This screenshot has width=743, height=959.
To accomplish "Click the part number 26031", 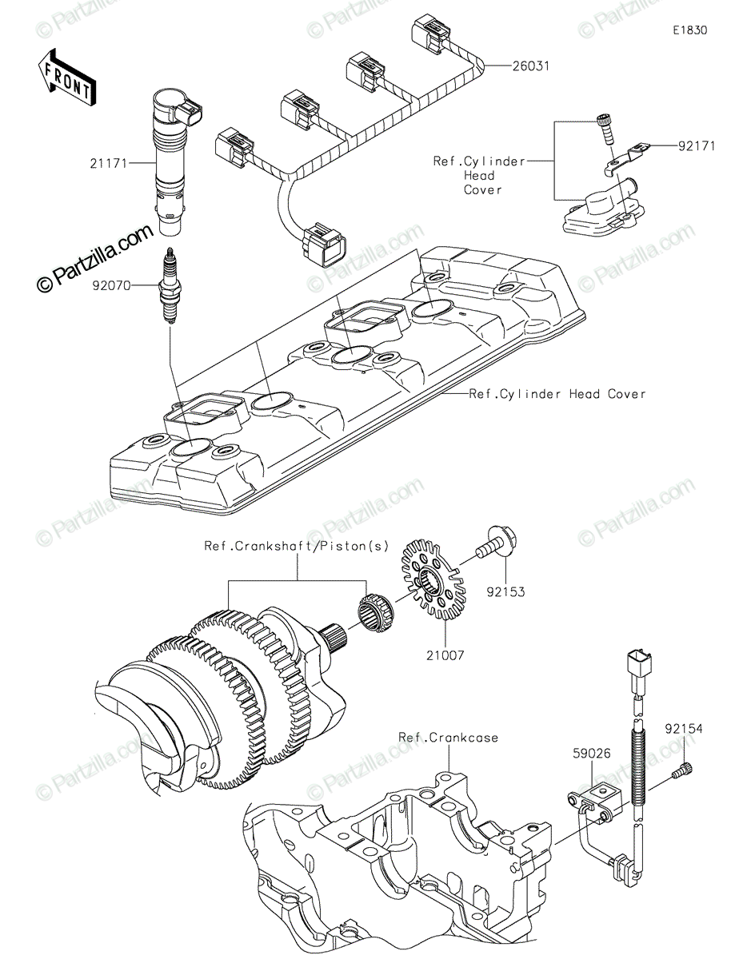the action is click(x=530, y=66).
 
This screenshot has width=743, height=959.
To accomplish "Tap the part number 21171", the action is click(x=109, y=164).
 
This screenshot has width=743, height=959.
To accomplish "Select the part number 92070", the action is click(x=112, y=286).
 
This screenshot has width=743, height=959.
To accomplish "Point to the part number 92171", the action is click(x=697, y=145).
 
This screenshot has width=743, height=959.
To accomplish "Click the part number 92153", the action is click(x=506, y=592).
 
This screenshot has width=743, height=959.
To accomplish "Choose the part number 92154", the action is click(x=684, y=729).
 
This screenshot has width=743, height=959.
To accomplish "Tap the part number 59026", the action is click(x=592, y=753).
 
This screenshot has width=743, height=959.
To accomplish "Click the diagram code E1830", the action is click(x=690, y=30).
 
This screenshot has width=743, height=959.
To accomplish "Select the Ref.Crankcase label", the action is click(x=448, y=738).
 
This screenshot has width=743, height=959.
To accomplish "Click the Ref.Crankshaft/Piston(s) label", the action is click(x=296, y=547).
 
